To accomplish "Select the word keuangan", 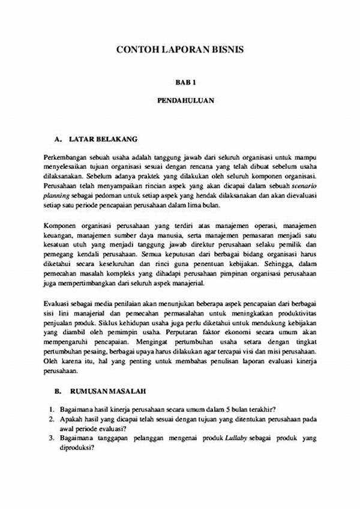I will click(x=59, y=234).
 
